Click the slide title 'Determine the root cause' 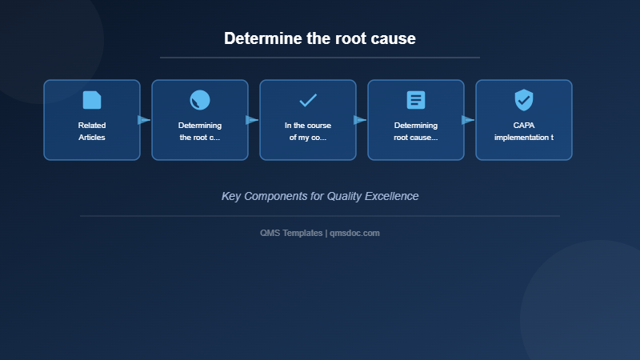(320, 38)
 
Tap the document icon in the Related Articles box (92, 100)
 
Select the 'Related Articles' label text (92, 131)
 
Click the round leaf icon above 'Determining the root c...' (200, 100)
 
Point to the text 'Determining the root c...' (200, 131)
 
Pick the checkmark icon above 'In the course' (308, 100)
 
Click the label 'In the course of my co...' (308, 131)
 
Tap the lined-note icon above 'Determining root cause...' (416, 100)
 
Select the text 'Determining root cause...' (416, 131)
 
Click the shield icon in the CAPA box (524, 100)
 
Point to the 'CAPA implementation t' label (524, 131)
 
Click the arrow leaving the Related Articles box (144, 120)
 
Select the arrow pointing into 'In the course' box (252, 120)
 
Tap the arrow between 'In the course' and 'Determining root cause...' (360, 120)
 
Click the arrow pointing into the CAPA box (468, 120)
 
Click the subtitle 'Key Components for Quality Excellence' (320, 196)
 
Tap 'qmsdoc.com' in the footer (354, 233)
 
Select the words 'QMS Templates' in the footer (291, 233)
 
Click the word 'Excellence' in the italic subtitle (392, 196)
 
